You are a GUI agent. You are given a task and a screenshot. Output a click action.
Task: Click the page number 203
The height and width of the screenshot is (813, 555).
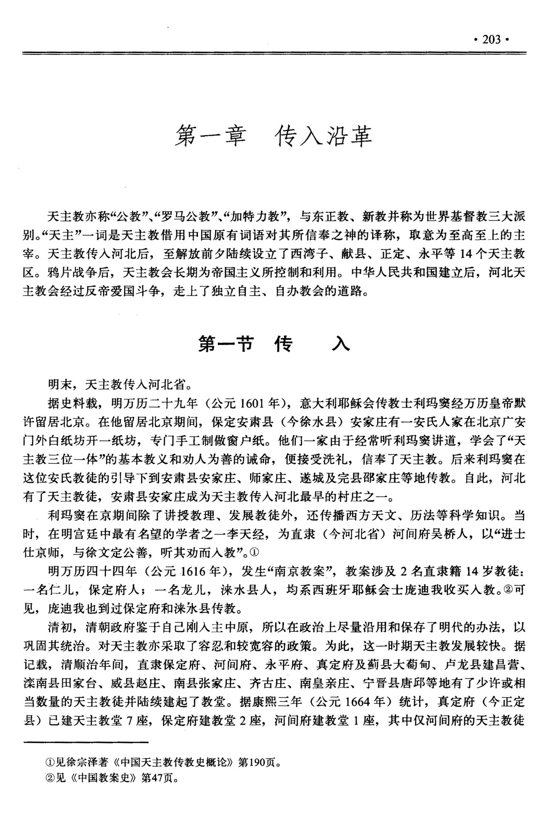coord(492,40)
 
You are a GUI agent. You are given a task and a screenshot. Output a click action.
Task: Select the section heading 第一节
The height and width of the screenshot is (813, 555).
coord(226,344)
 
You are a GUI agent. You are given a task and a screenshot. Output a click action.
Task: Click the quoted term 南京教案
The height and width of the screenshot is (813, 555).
coord(299,571)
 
